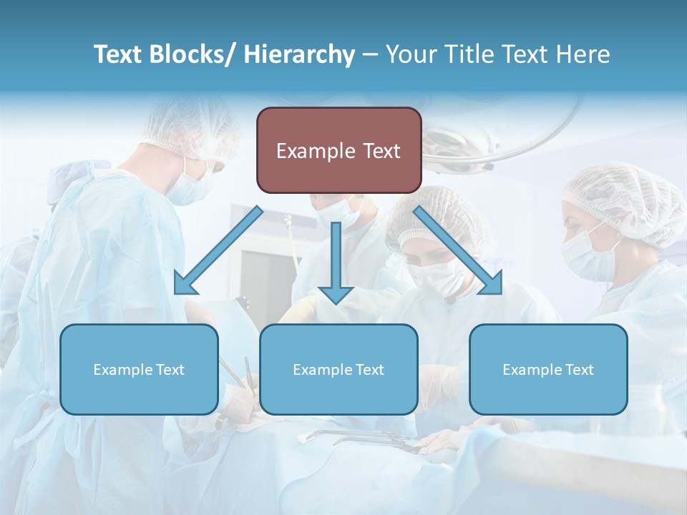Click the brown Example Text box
338,150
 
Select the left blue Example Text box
139,369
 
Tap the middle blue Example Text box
338,369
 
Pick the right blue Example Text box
548,369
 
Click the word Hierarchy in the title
299,54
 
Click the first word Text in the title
119,54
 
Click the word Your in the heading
411,54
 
